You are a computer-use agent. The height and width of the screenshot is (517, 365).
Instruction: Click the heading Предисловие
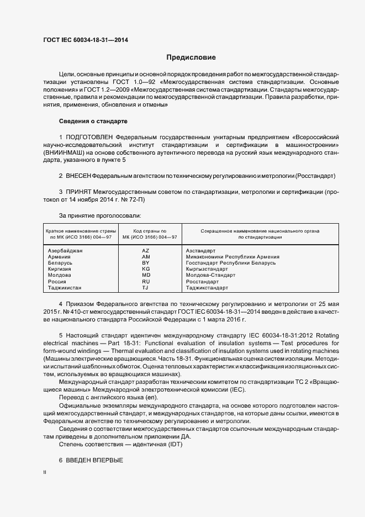pyautogui.click(x=191, y=57)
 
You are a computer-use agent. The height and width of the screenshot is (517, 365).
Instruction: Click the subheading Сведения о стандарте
pyautogui.click(x=93, y=121)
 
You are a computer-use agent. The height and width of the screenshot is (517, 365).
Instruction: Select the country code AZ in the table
pyautogui.click(x=146, y=251)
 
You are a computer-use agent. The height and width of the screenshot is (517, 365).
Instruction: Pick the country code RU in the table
pyautogui.click(x=146, y=281)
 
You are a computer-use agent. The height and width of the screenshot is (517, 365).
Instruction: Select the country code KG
pyautogui.click(x=146, y=269)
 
